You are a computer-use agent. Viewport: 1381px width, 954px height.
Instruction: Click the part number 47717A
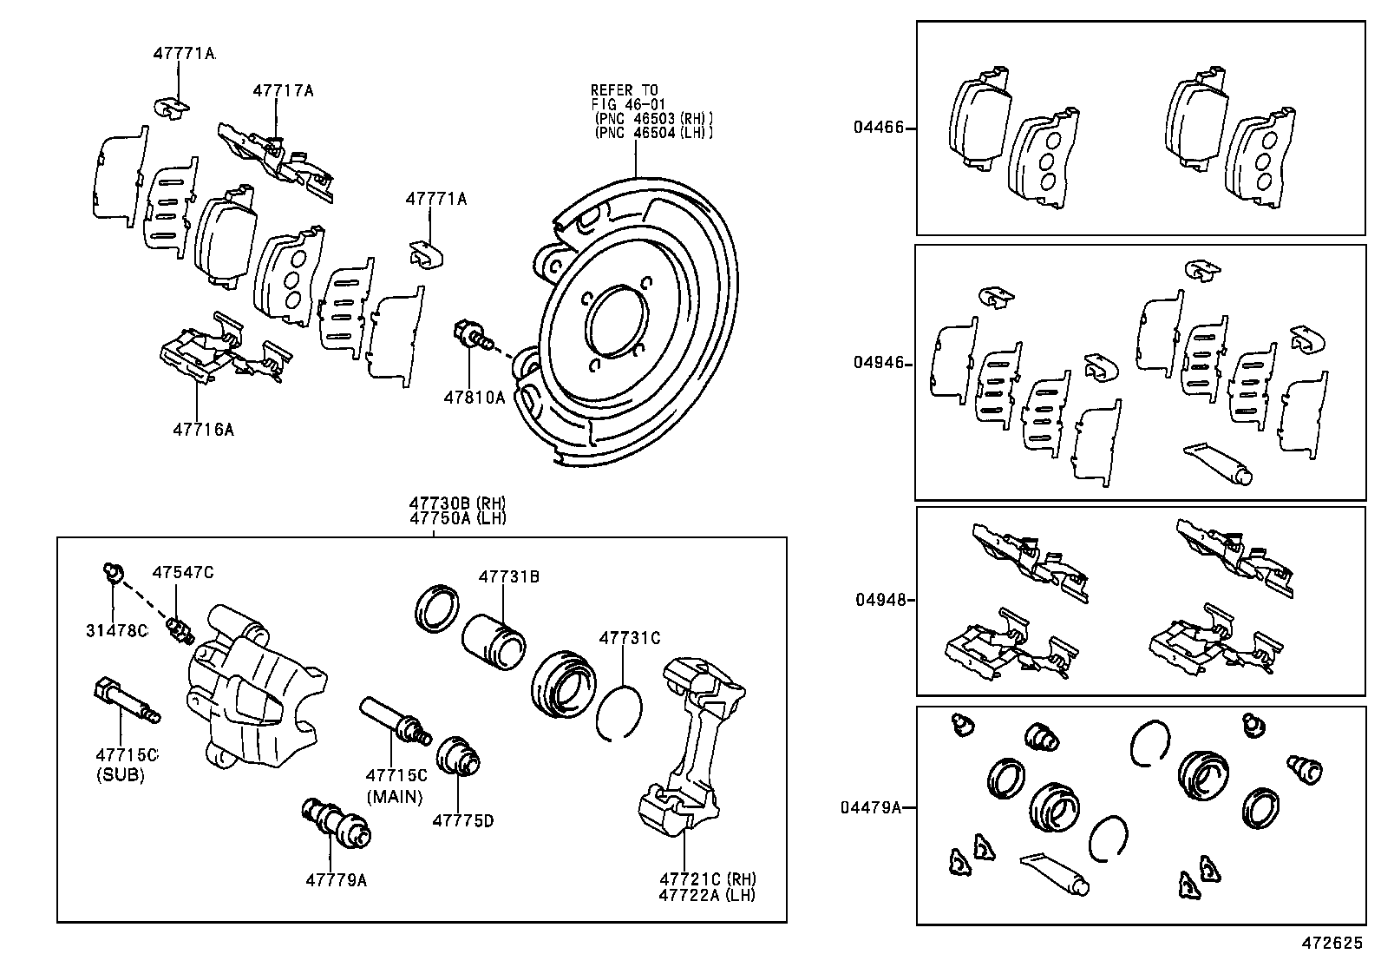click(283, 89)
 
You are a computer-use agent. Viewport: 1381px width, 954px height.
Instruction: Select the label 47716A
click(203, 429)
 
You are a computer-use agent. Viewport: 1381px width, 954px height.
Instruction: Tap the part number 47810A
click(474, 397)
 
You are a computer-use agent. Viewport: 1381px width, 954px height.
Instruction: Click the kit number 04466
click(878, 128)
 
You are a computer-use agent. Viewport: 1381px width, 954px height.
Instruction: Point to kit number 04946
click(878, 363)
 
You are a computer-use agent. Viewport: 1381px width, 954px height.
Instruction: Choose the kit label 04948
click(878, 600)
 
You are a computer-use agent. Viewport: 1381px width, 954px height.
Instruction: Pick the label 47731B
click(509, 576)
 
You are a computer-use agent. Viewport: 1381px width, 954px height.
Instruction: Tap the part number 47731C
click(630, 638)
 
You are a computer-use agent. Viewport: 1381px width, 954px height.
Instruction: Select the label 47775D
click(463, 820)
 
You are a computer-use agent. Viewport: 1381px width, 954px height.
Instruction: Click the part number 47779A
click(336, 880)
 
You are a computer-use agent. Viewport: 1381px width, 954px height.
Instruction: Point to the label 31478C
click(116, 630)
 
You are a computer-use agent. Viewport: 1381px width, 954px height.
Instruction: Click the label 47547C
click(182, 572)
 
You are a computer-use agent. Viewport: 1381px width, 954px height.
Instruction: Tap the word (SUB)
click(121, 775)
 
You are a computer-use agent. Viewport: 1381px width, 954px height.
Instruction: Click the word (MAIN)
click(395, 796)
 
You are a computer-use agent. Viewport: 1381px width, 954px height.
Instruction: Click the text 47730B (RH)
click(458, 503)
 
